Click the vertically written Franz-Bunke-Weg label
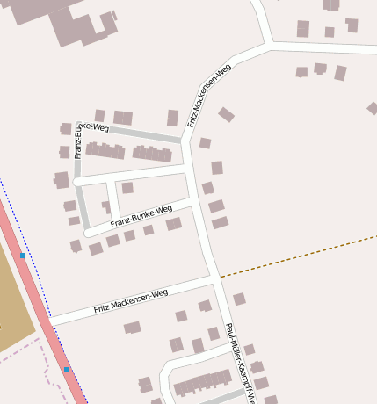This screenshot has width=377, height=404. [79, 141]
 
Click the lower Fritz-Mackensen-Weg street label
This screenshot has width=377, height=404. [130, 302]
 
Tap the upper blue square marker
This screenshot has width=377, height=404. [23, 256]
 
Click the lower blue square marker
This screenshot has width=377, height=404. [67, 370]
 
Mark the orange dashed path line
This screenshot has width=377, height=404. [299, 255]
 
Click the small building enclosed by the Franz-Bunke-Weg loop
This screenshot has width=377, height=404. [127, 187]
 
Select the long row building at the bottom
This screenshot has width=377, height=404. [202, 383]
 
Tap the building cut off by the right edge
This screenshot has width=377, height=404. [372, 108]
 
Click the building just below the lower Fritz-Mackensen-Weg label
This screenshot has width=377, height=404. [133, 328]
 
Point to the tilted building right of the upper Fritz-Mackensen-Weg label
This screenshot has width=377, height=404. [226, 114]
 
